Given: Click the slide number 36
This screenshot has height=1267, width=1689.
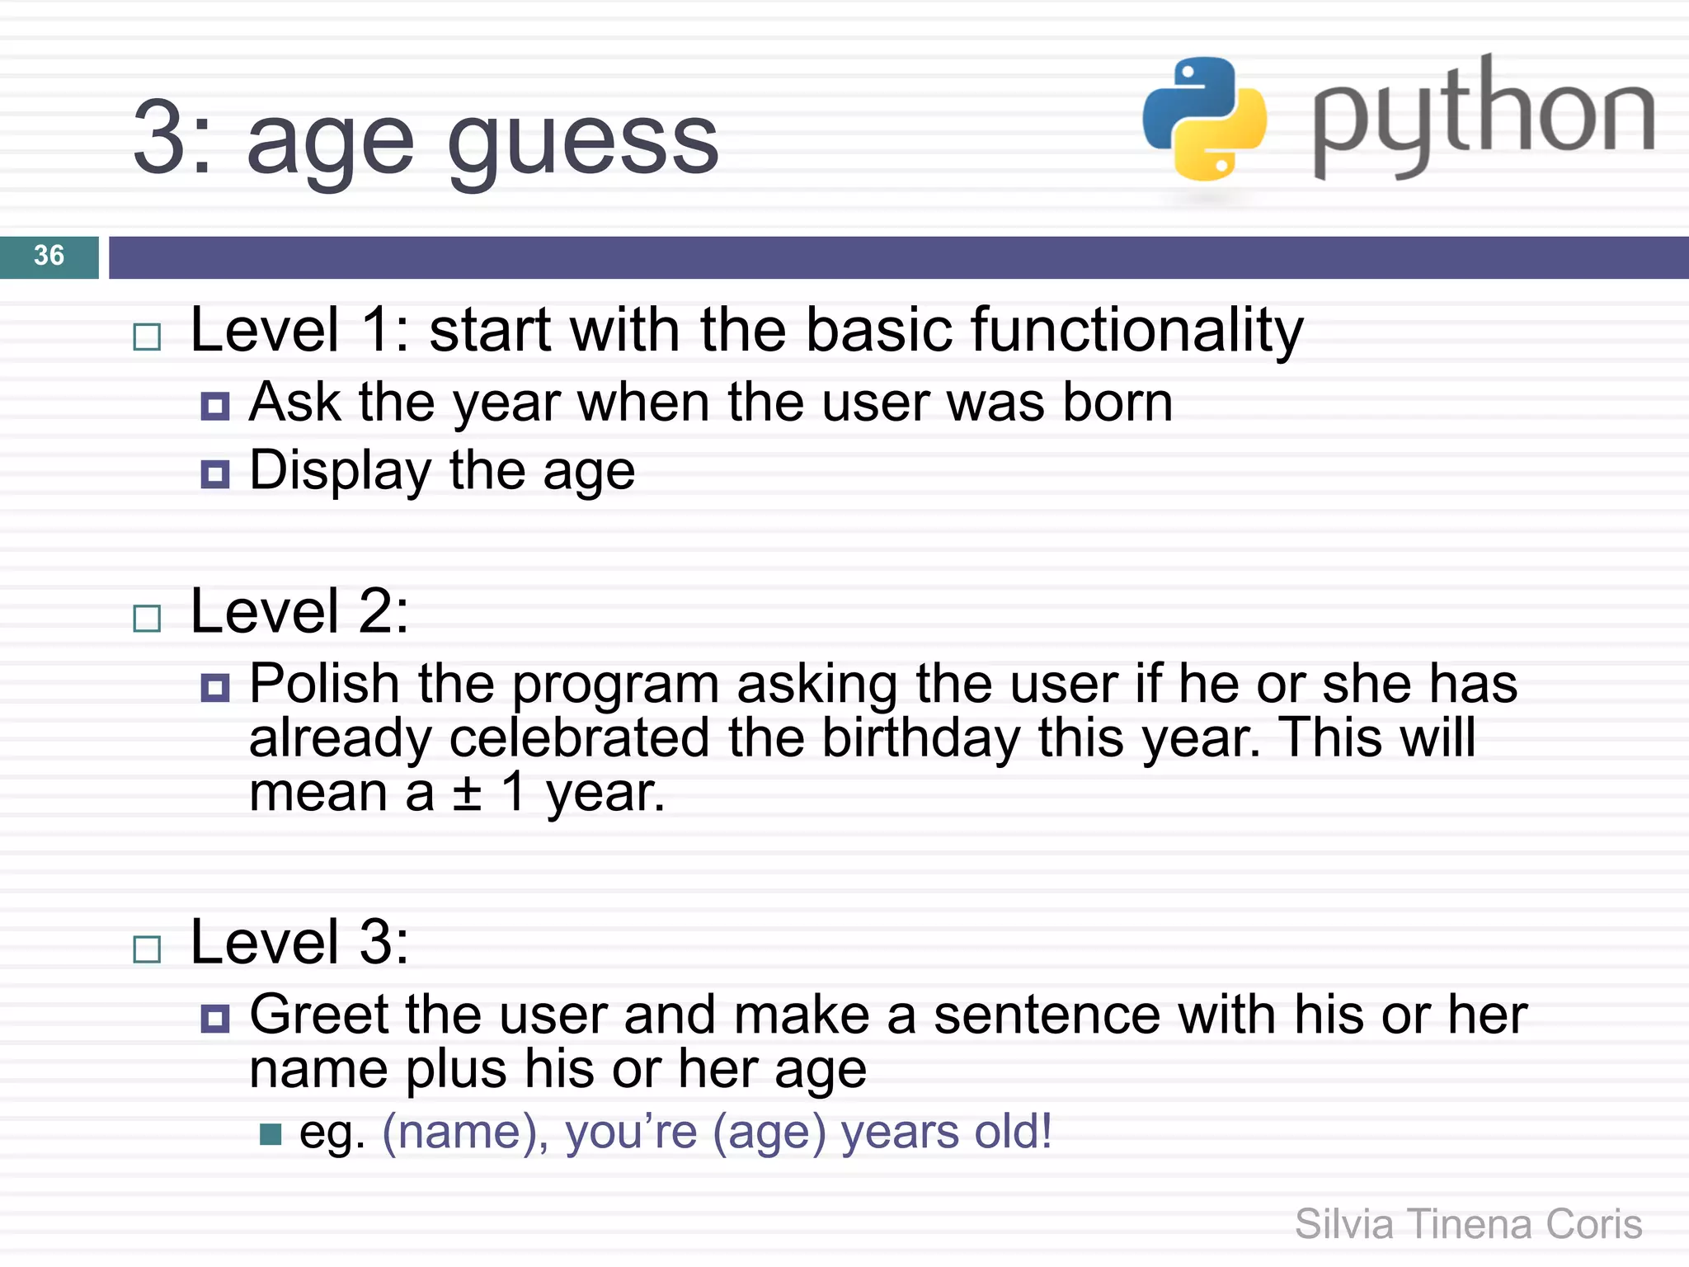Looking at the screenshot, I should pyautogui.click(x=49, y=256).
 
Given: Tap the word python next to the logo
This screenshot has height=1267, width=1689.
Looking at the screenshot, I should pyautogui.click(x=1483, y=115).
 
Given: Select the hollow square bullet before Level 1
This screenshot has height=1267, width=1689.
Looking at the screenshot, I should pyautogui.click(x=147, y=337).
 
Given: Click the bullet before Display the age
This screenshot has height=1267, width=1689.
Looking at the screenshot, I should pyautogui.click(x=215, y=474).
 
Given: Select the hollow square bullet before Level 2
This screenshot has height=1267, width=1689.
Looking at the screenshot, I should pyautogui.click(x=147, y=618).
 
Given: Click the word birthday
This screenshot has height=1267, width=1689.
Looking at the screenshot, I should pyautogui.click(x=921, y=738).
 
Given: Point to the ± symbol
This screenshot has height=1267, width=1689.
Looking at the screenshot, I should pyautogui.click(x=467, y=794).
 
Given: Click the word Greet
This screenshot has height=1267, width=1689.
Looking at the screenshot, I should pyautogui.click(x=318, y=1015).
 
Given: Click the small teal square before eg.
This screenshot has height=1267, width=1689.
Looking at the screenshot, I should pyautogui.click(x=270, y=1135).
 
